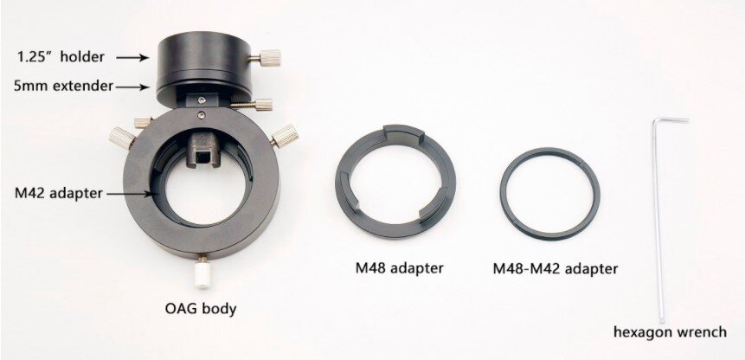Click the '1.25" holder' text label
click(x=61, y=57)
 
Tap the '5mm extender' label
click(x=64, y=87)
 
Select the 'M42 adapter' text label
click(x=59, y=194)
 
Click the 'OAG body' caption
click(x=201, y=309)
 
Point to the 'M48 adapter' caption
click(x=399, y=268)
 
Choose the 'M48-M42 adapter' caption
click(x=555, y=269)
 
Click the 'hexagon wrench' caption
click(x=670, y=332)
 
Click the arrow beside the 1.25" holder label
click(x=132, y=57)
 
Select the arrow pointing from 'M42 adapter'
click(x=130, y=194)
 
